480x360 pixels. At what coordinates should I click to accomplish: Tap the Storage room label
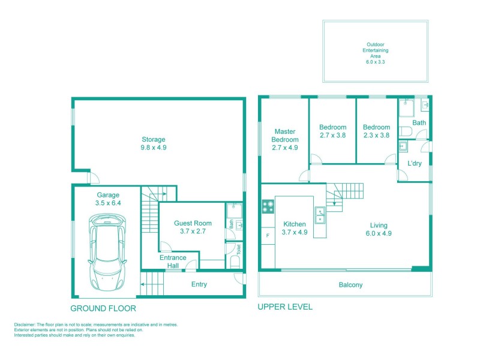154,143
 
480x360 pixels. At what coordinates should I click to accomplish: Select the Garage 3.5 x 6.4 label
109,199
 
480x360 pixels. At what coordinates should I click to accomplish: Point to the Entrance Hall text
173,262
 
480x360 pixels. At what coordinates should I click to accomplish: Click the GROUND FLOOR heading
103,308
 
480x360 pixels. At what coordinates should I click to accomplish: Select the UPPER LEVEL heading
285,307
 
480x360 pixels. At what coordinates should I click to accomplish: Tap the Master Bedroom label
285,139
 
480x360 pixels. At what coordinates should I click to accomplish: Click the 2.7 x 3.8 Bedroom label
332,131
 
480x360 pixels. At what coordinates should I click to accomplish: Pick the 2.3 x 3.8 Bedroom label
376,131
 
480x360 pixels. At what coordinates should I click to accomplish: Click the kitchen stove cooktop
268,207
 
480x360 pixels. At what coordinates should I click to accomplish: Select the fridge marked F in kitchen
267,236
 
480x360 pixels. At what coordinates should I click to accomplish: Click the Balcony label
350,285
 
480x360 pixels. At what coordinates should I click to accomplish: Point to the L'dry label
415,163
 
